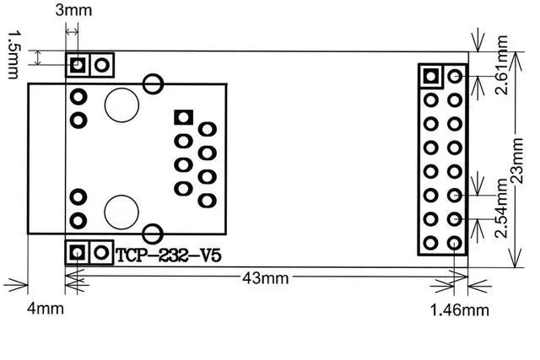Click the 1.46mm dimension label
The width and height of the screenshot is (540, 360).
460,309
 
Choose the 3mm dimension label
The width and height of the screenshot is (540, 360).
73,10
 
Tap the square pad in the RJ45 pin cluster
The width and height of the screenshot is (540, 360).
182,118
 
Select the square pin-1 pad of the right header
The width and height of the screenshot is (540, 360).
431,76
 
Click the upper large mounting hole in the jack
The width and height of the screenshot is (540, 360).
121,104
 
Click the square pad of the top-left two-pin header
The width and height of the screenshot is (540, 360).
78,64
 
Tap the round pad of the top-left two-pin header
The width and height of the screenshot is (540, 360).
102,64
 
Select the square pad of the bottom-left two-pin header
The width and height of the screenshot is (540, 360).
78,251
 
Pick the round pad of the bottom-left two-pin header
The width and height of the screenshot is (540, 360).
102,251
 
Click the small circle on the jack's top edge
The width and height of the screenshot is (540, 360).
153,83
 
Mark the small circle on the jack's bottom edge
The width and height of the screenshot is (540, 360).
153,234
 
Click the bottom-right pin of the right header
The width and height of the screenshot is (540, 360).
455,244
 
